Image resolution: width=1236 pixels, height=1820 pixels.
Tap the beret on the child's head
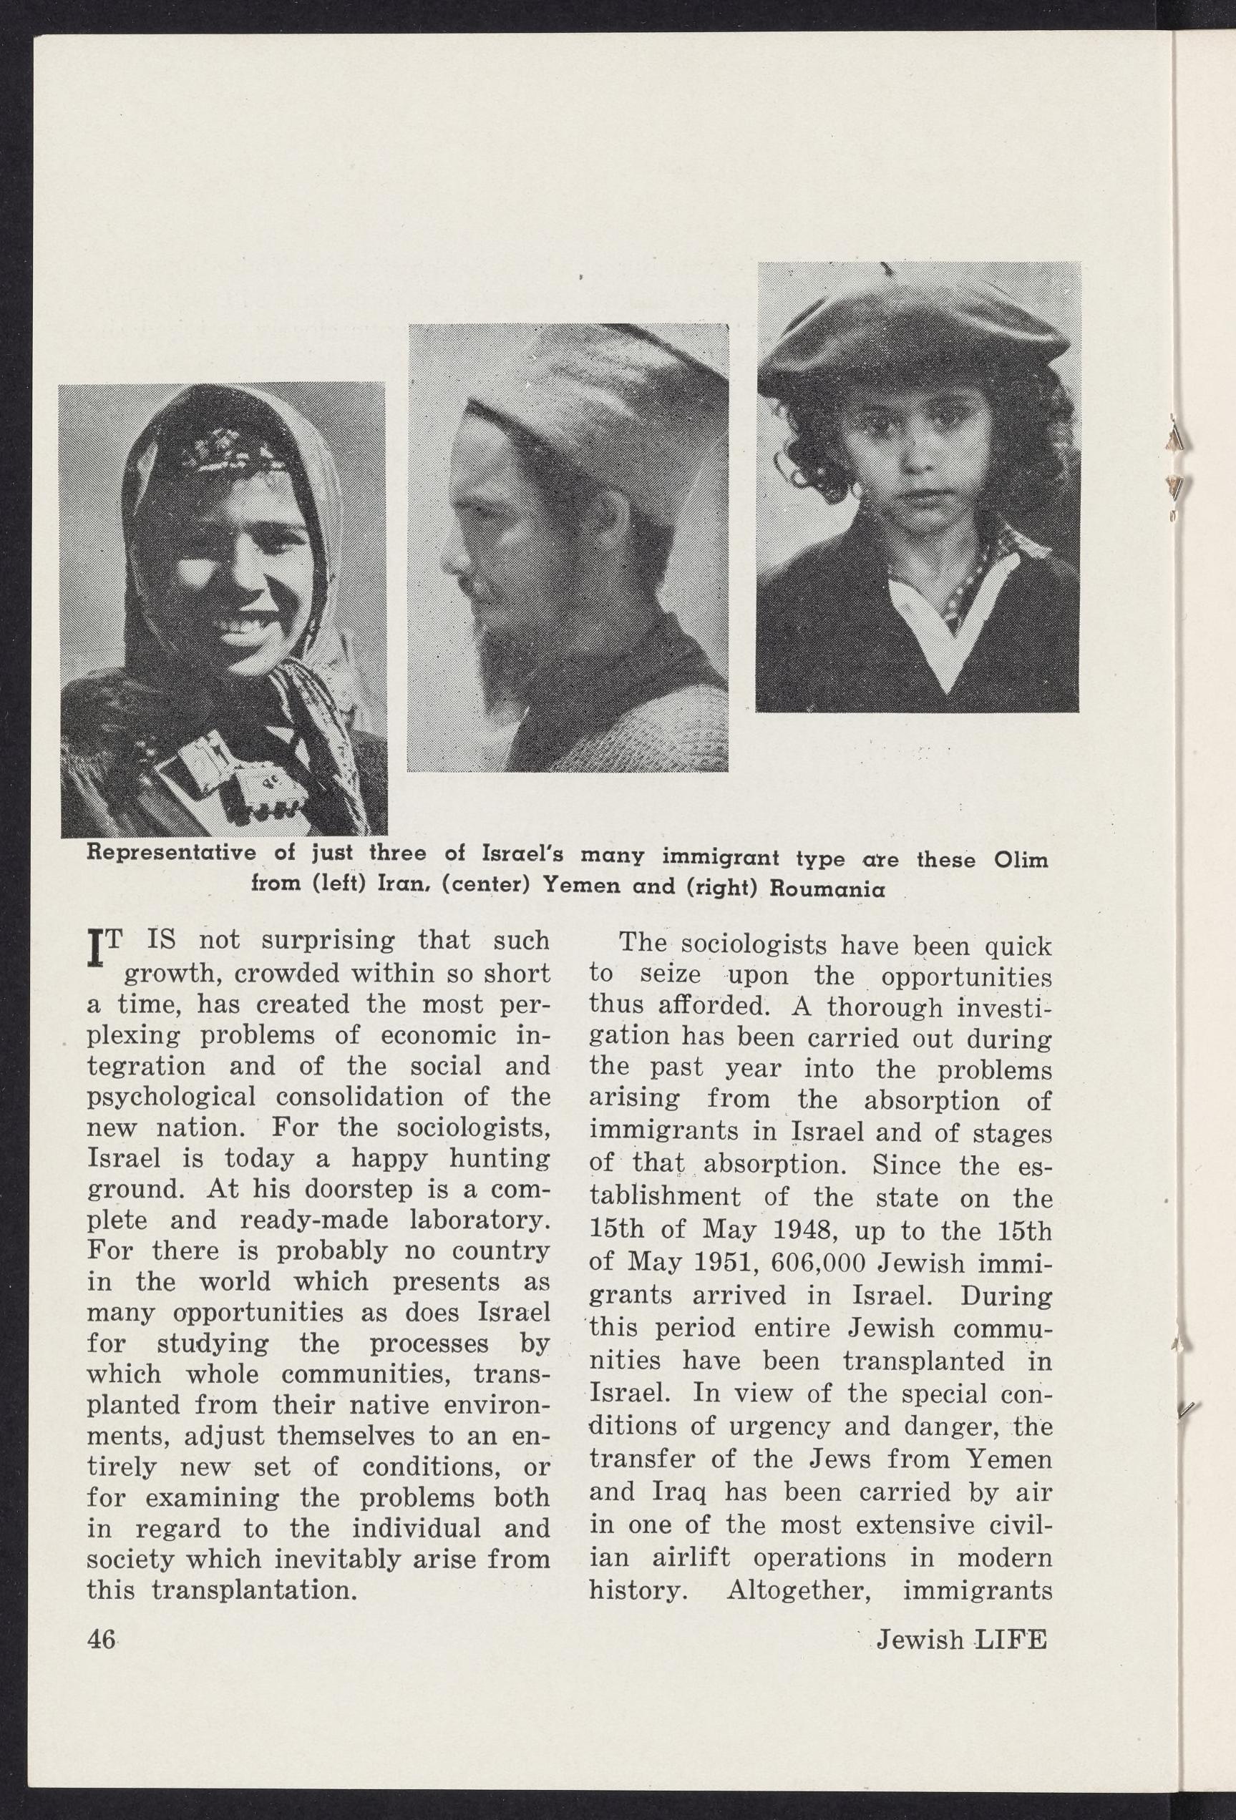coord(913,333)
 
